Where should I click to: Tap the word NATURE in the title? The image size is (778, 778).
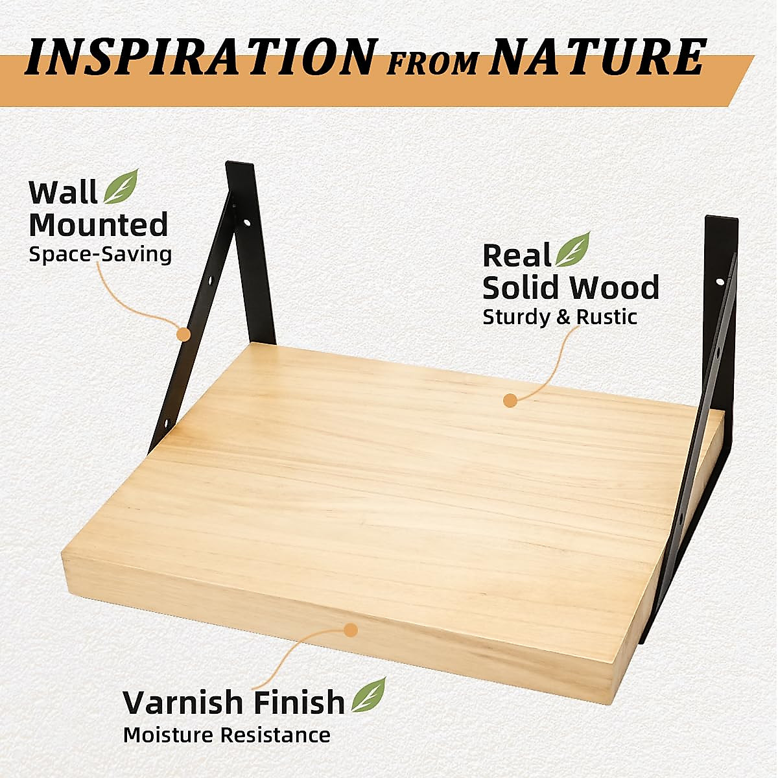point(596,57)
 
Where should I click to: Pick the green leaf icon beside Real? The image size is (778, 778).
point(573,250)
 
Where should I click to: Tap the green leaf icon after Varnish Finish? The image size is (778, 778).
point(368,694)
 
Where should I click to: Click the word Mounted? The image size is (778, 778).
point(99,225)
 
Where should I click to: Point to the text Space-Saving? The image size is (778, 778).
point(100,253)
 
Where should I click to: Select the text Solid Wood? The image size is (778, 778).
point(571,287)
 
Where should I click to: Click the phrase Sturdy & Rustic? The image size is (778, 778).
point(560,317)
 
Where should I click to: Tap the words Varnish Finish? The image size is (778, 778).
point(234,702)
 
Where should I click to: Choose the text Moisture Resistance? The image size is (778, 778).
point(227,735)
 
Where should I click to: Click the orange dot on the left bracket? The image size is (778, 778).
point(184,335)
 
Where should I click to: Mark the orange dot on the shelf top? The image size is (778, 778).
point(510,400)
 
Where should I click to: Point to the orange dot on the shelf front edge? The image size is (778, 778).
point(351,630)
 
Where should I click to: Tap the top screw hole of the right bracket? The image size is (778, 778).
point(720,283)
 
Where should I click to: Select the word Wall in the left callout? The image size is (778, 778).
point(62,193)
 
